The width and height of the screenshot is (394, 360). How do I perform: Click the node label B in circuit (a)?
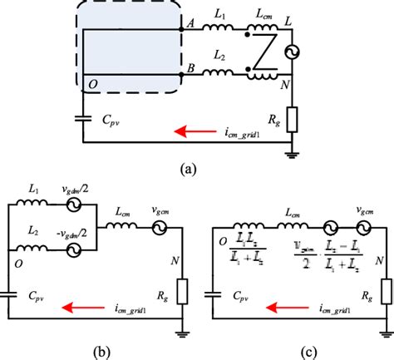coord(191,69)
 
